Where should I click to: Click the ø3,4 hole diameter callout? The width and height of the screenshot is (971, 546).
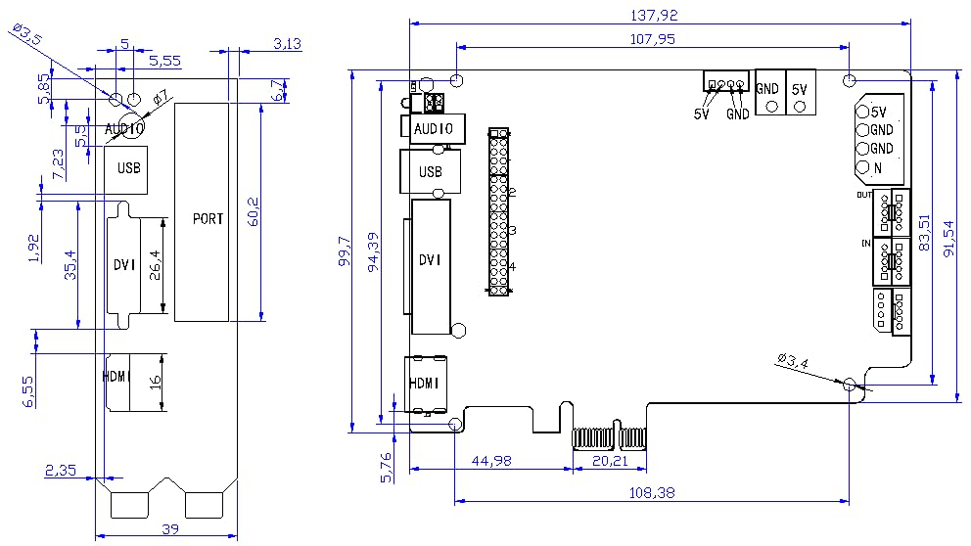(792, 362)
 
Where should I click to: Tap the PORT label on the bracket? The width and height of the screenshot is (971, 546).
(208, 218)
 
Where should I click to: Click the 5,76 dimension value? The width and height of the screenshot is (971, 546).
(385, 464)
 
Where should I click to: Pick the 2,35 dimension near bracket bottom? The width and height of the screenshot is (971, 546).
(61, 470)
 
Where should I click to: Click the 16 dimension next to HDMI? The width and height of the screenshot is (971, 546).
(155, 382)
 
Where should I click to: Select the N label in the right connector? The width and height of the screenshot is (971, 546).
(877, 167)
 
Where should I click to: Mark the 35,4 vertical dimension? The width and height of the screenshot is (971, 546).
(69, 265)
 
